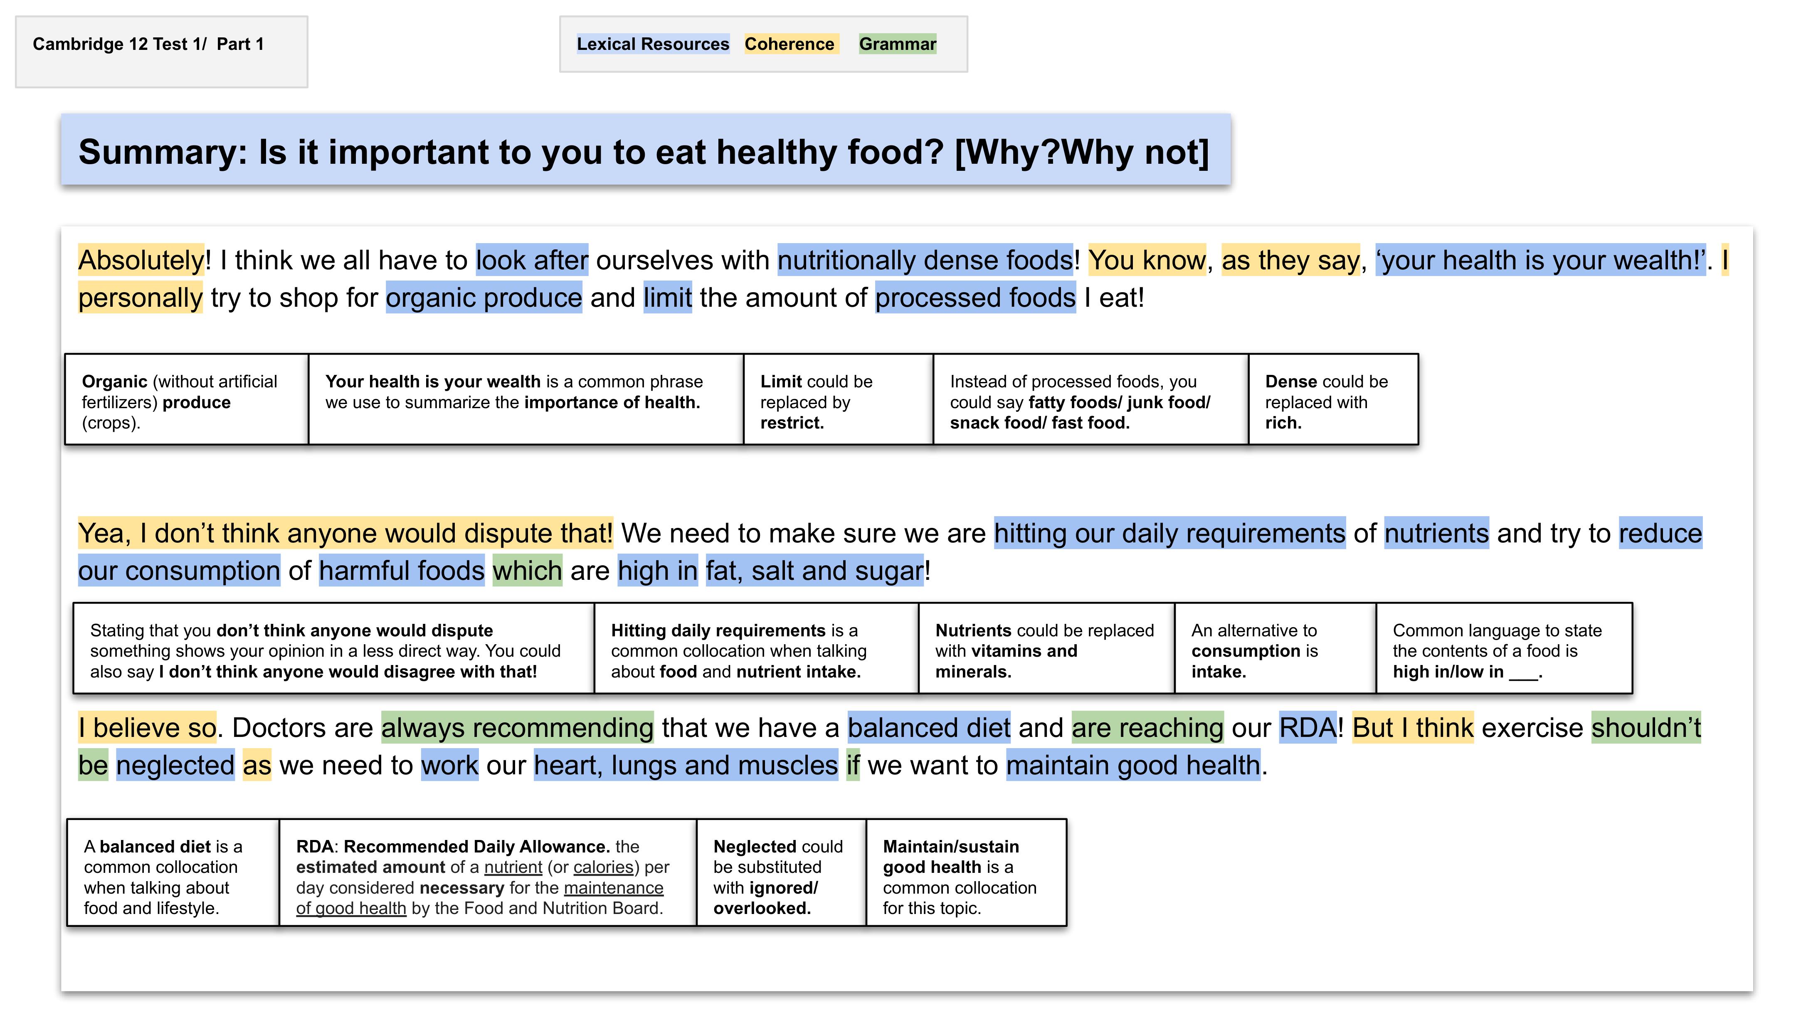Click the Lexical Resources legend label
[653, 44]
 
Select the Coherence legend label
[789, 44]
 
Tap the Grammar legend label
[897, 44]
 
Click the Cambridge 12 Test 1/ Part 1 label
[148, 44]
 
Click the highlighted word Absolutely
[141, 260]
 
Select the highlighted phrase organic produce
[484, 298]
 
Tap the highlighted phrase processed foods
[975, 298]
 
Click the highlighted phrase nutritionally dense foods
[925, 260]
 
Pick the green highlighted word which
[527, 571]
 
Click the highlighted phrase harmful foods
[402, 571]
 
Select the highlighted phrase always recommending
[517, 728]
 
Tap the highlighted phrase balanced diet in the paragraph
[929, 728]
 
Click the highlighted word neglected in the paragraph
[175, 765]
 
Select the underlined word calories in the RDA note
[603, 867]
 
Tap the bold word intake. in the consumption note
[1218, 672]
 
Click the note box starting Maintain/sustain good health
[966, 873]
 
